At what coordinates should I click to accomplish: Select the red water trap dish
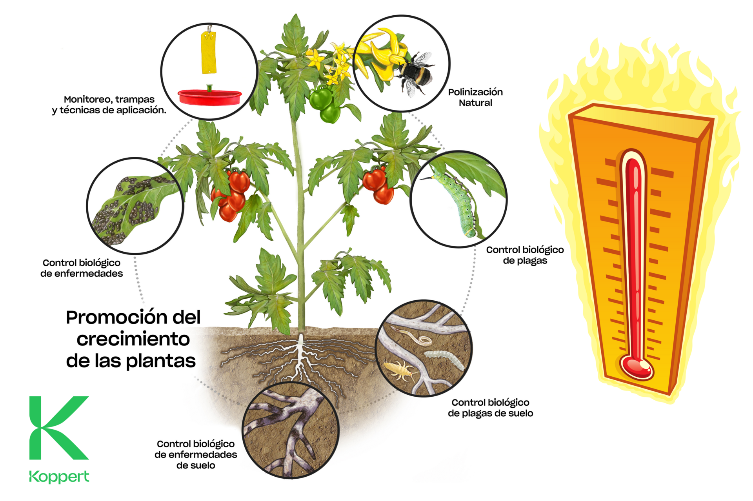tap(209, 97)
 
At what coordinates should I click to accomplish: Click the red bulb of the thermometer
tap(636, 367)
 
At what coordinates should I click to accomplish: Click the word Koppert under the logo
tap(59, 477)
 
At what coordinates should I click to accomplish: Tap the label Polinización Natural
tap(475, 97)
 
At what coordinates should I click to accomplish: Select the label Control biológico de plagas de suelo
tap(490, 408)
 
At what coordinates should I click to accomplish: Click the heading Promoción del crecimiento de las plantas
tap(133, 339)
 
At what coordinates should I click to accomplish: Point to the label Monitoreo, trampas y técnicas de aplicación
tap(109, 105)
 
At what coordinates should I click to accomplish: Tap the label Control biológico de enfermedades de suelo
tap(196, 454)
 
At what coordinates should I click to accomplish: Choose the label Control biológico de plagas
tap(525, 255)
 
